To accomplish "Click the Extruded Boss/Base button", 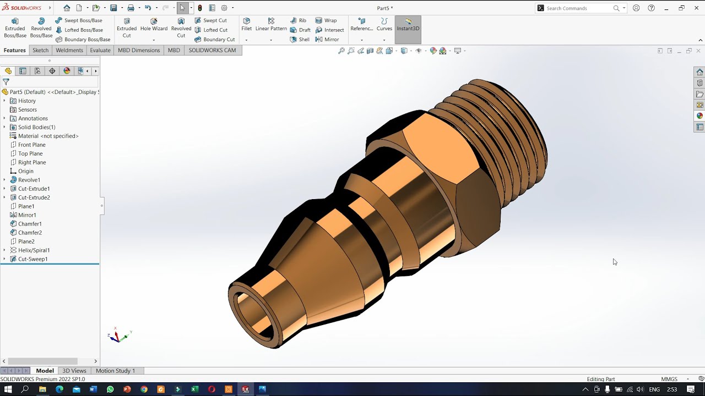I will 15,28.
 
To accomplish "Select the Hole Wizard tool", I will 154,25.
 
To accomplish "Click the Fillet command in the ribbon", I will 246,24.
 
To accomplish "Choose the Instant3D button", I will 408,25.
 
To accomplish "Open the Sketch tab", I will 40,50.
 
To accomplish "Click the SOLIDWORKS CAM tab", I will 212,50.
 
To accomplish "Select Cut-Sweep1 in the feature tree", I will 32,259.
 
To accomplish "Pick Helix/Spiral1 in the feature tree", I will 34,250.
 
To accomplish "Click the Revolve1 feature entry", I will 29,180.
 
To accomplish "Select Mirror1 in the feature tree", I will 27,215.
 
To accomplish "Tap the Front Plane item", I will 31,145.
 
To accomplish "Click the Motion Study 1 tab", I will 115,371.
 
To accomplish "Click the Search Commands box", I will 578,8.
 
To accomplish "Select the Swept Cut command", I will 215,20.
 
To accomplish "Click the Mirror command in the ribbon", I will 331,40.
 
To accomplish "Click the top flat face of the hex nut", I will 441,148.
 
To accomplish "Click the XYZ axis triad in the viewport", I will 117,336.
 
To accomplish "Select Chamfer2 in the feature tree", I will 30,233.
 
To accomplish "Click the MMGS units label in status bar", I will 669,379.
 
